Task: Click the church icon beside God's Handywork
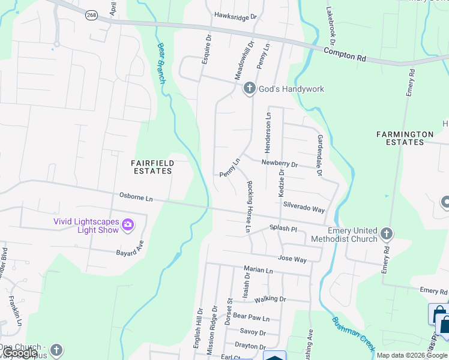tap(250, 89)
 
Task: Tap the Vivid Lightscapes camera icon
tap(127, 226)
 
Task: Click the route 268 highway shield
tap(91, 16)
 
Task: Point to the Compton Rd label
tap(345, 55)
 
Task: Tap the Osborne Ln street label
tap(136, 196)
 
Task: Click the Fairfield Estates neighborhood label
tap(152, 167)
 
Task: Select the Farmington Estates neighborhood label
tap(405, 138)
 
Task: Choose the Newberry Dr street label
tap(279, 163)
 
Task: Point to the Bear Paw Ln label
tap(251, 316)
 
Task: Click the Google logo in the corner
tap(20, 353)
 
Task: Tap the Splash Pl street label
tap(283, 229)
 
